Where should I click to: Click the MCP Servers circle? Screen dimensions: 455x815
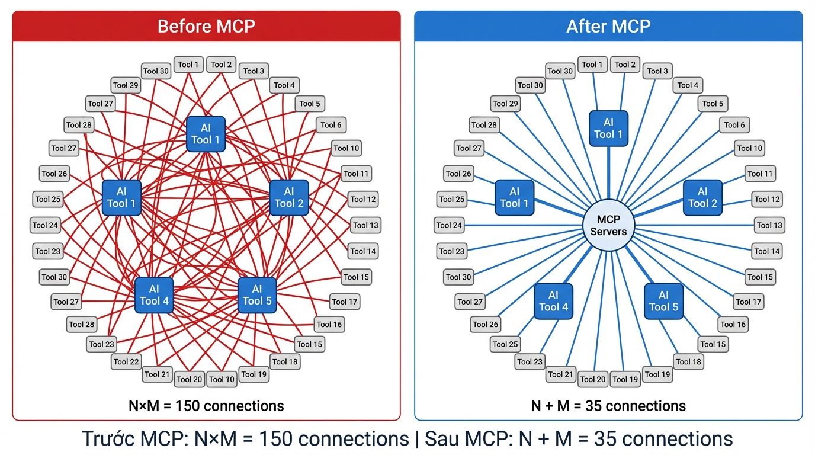pos(608,226)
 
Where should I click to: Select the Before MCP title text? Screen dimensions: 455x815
pos(206,27)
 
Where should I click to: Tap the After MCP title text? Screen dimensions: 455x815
pos(608,27)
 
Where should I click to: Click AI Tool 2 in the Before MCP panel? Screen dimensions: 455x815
pos(289,197)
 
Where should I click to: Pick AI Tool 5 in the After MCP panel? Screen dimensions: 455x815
pos(663,301)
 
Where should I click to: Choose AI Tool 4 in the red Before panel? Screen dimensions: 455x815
pos(154,295)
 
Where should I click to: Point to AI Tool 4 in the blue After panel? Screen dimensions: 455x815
pos(553,301)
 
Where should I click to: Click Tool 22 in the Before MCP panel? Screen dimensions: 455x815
pos(126,361)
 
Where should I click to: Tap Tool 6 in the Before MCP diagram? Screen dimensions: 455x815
pos(331,125)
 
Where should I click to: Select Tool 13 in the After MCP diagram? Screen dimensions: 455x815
pos(770,225)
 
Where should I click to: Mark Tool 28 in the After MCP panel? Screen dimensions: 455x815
pos(484,125)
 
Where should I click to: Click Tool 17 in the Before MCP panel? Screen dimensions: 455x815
pos(344,302)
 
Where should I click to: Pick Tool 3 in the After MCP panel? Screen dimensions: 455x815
pos(657,71)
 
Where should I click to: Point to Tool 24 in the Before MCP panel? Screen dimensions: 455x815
pos(45,225)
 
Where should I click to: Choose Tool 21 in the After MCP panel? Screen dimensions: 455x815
pos(560,374)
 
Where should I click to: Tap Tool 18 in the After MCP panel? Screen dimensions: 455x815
pos(688,361)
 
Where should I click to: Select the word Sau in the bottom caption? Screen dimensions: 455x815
pos(443,439)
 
